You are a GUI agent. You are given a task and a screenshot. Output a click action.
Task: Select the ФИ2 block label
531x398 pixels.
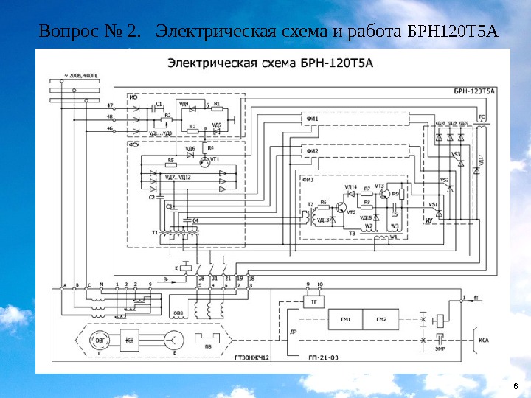pyautogui.click(x=313, y=152)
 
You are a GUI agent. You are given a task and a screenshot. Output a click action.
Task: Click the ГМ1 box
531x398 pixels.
pyautogui.click(x=347, y=318)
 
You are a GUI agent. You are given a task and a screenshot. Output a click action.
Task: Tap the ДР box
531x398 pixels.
pyautogui.click(x=294, y=332)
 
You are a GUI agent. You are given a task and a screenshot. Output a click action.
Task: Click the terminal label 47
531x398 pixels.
pyautogui.click(x=111, y=106)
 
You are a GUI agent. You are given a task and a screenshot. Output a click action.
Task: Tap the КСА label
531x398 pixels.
pyautogui.click(x=485, y=341)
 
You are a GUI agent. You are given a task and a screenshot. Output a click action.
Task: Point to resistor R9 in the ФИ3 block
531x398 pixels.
pyautogui.click(x=395, y=195)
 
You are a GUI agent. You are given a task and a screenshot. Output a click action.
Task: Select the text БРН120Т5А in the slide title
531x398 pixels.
pyautogui.click(x=452, y=32)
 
